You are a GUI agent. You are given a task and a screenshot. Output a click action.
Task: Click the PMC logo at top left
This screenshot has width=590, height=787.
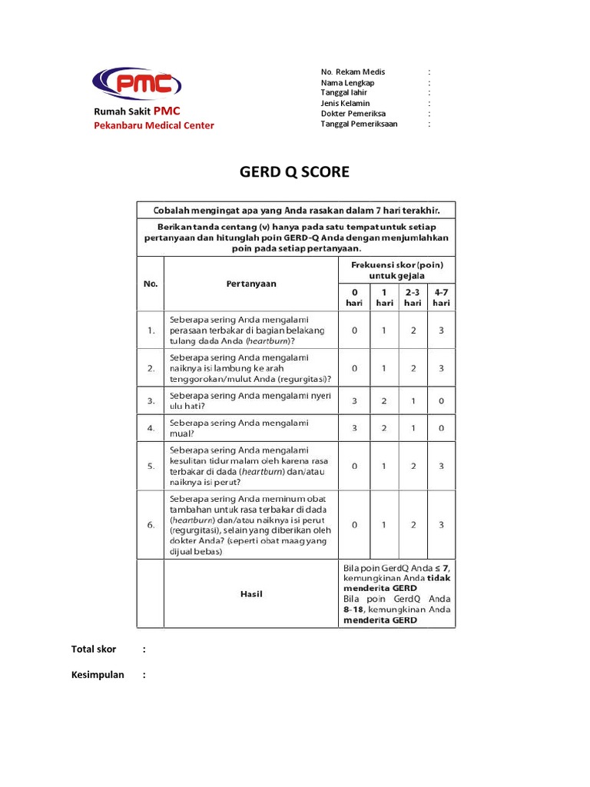pos(137,84)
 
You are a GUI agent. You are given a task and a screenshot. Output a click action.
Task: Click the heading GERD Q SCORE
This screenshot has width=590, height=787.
pos(294,172)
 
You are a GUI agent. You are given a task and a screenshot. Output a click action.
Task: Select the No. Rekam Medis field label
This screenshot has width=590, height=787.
pos(353,71)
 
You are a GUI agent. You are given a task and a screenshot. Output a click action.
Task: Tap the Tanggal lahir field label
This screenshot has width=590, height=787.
pos(343,92)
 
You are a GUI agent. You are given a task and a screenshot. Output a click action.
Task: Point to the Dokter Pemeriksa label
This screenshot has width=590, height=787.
pos(354,114)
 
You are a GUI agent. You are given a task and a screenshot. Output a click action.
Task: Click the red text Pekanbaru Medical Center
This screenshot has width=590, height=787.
pos(154,125)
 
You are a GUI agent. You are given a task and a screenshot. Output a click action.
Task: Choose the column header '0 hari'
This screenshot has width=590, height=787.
pos(354,297)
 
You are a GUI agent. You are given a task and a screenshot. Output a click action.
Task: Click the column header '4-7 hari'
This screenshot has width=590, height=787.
pos(441,297)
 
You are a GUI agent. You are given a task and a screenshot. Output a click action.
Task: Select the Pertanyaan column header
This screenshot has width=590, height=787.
pos(251,284)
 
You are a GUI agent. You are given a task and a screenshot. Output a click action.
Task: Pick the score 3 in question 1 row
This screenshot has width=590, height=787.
pos(441,330)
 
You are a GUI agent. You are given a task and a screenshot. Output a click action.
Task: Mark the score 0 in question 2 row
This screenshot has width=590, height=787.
pos(354,368)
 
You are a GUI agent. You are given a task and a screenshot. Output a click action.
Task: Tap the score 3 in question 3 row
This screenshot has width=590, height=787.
pos(354,400)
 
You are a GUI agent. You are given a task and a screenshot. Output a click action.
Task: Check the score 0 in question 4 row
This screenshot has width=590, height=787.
pos(441,428)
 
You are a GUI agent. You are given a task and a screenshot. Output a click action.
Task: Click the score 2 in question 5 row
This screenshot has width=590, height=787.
pos(413,466)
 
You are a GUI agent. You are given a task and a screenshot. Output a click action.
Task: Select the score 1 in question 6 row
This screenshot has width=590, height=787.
pos(383,525)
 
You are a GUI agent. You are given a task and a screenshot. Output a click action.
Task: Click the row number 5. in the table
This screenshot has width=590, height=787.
pos(151,466)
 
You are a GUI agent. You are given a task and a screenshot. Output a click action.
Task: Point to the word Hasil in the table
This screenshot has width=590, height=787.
pos(251,594)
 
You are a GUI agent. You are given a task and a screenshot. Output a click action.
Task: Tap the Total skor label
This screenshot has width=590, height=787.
pos(94,649)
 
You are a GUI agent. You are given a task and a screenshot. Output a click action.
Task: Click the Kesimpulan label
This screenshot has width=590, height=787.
pos(98,675)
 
